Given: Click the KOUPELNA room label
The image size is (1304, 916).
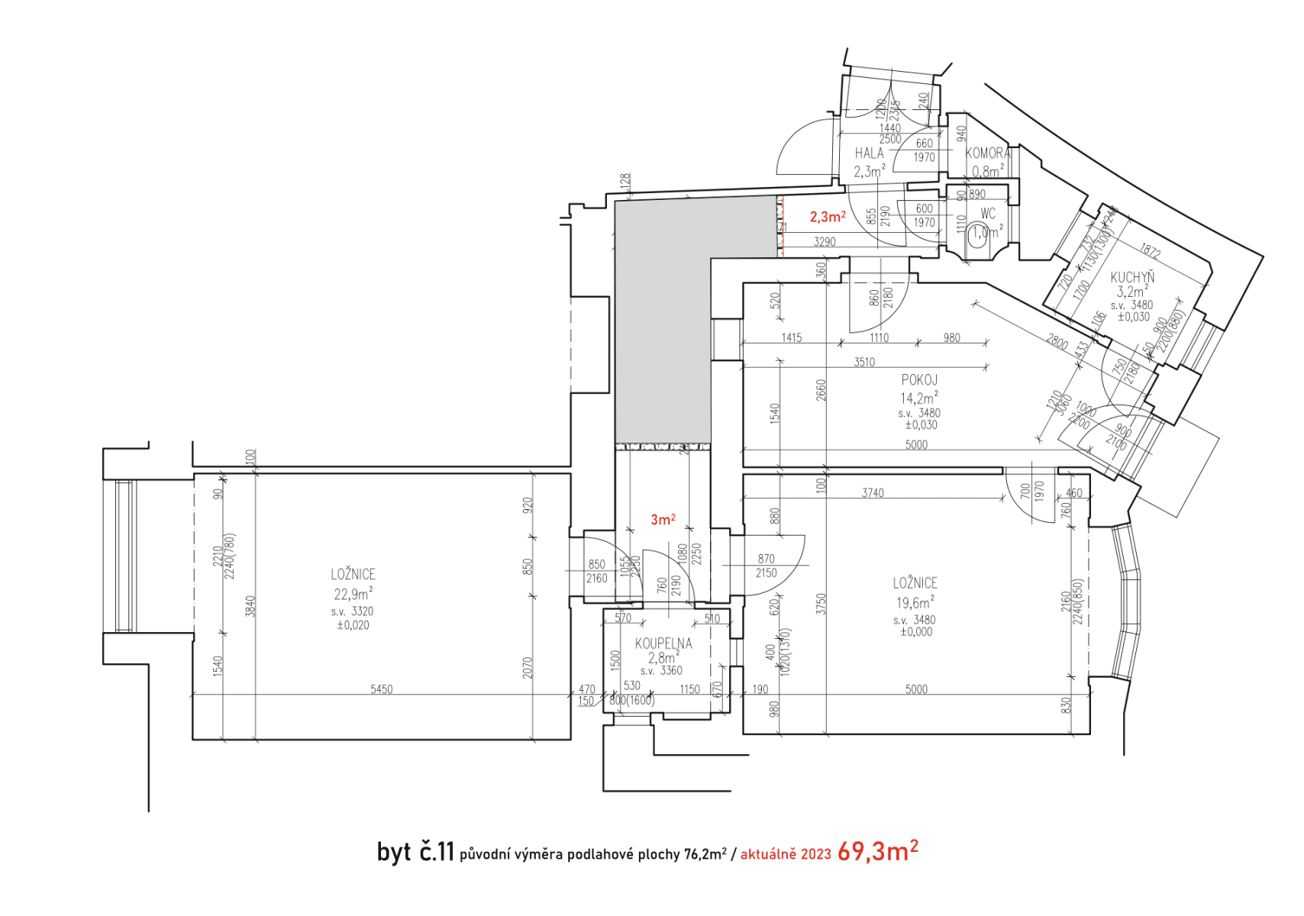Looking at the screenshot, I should click(663, 643).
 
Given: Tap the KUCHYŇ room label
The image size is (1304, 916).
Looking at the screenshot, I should click(1132, 278).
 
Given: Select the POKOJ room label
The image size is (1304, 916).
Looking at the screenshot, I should click(919, 379).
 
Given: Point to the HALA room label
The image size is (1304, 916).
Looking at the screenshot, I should click(869, 153).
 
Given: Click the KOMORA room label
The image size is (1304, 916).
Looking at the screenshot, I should click(988, 153).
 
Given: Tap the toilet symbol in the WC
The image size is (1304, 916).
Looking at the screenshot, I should click(977, 233).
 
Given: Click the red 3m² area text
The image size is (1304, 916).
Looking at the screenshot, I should click(663, 520).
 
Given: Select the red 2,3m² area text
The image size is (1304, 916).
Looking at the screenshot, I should click(828, 218).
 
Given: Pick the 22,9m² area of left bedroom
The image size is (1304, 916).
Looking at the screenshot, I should click(353, 594).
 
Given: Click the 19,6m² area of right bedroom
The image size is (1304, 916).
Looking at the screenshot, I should click(915, 602).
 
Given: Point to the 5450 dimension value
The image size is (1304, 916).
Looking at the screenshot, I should click(381, 689).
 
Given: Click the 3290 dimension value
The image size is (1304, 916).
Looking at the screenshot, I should click(825, 242).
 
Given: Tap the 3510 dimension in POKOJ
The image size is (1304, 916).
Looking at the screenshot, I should click(864, 362).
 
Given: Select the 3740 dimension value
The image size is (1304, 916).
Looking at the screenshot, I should click(873, 493).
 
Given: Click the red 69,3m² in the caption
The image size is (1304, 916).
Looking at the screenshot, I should click(877, 852).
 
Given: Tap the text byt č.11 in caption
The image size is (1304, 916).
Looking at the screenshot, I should click(415, 852).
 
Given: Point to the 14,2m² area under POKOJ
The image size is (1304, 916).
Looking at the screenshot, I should click(918, 398).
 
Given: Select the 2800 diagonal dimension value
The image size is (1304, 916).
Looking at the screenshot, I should click(1057, 341).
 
